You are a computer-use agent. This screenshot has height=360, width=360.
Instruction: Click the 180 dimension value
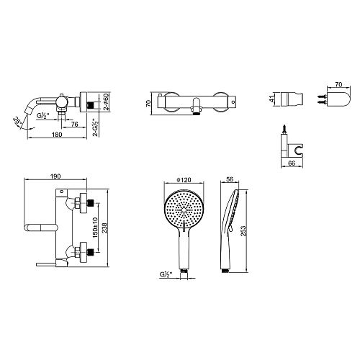[57, 135]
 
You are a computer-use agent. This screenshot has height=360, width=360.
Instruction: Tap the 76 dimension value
[75, 124]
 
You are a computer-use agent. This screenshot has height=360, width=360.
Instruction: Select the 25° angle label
[17, 120]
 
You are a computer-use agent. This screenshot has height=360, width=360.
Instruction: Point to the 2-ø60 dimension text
[107, 102]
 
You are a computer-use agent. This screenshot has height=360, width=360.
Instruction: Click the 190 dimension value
[55, 176]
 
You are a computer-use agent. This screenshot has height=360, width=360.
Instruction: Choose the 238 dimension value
[104, 228]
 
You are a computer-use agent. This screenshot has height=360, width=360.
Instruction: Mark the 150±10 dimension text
[95, 228]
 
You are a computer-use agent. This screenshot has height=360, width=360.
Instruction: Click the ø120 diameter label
[184, 179]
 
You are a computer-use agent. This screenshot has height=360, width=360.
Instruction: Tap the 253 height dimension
[243, 231]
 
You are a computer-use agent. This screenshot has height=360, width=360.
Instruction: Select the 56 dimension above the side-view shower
[230, 179]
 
